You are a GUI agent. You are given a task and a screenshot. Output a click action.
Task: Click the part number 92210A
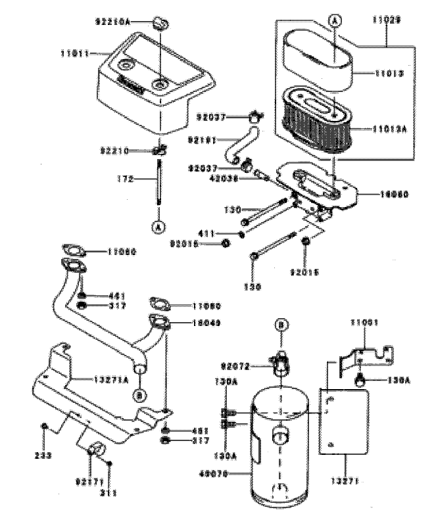113,22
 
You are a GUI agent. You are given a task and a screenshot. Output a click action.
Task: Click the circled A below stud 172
157,227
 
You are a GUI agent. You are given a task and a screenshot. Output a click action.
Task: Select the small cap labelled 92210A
157,24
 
